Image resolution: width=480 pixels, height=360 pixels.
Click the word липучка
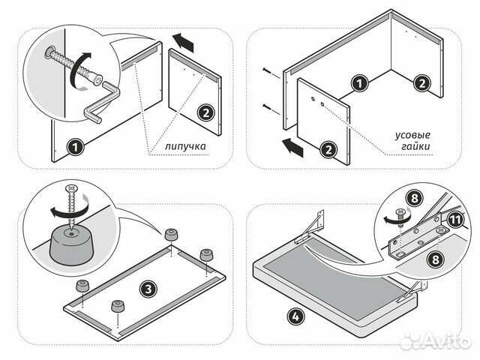(x=184, y=147)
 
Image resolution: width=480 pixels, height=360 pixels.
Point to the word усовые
(x=412, y=136)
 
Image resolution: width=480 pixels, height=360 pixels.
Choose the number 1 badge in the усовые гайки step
(x=361, y=83)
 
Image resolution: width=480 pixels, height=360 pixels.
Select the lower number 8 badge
(x=433, y=259)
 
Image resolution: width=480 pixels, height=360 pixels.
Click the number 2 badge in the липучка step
(x=203, y=114)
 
